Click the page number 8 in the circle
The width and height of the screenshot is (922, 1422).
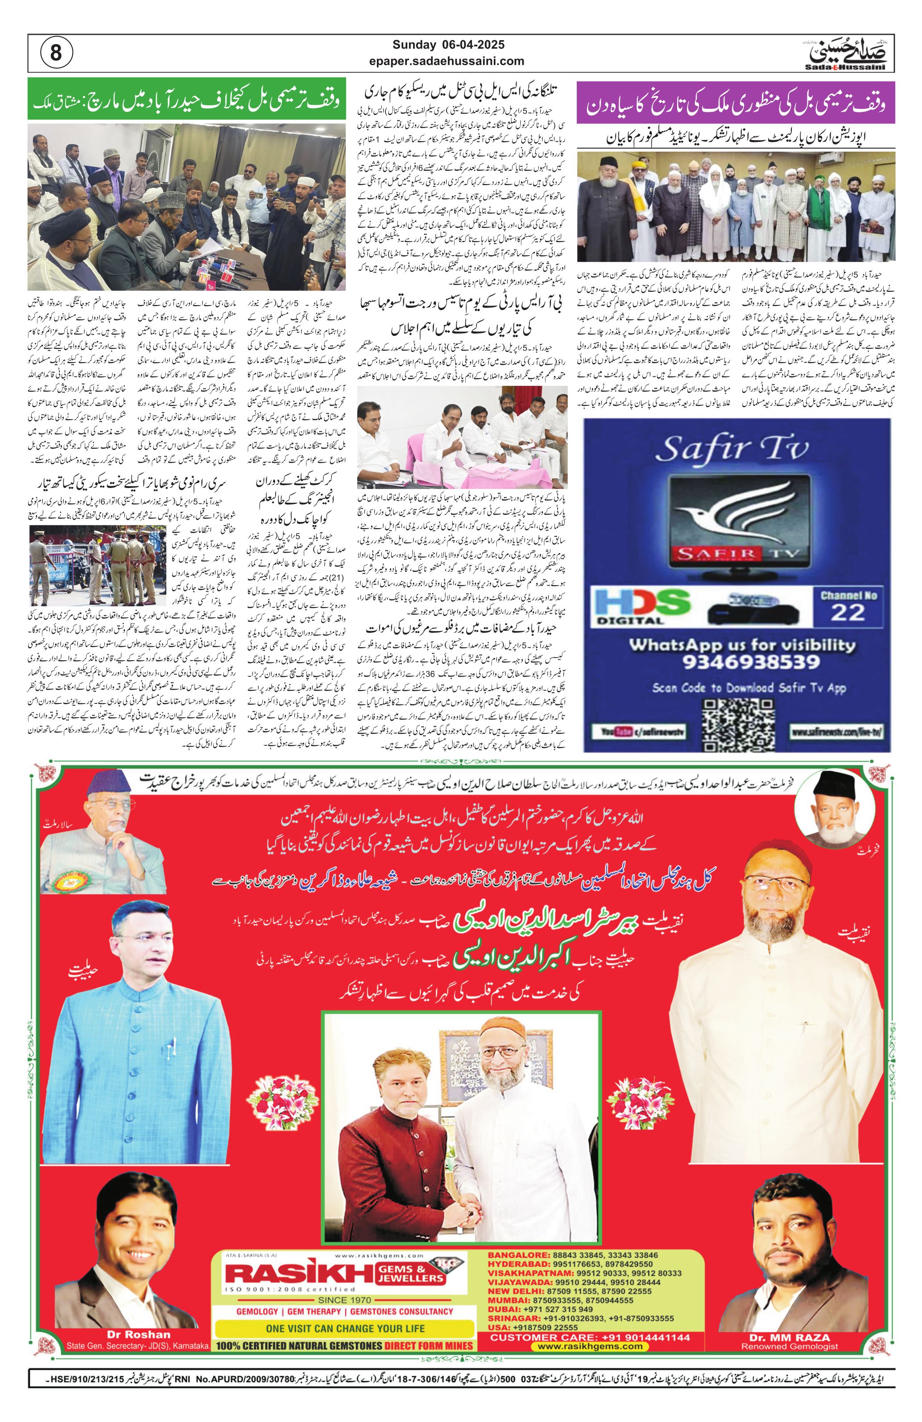point(56,53)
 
